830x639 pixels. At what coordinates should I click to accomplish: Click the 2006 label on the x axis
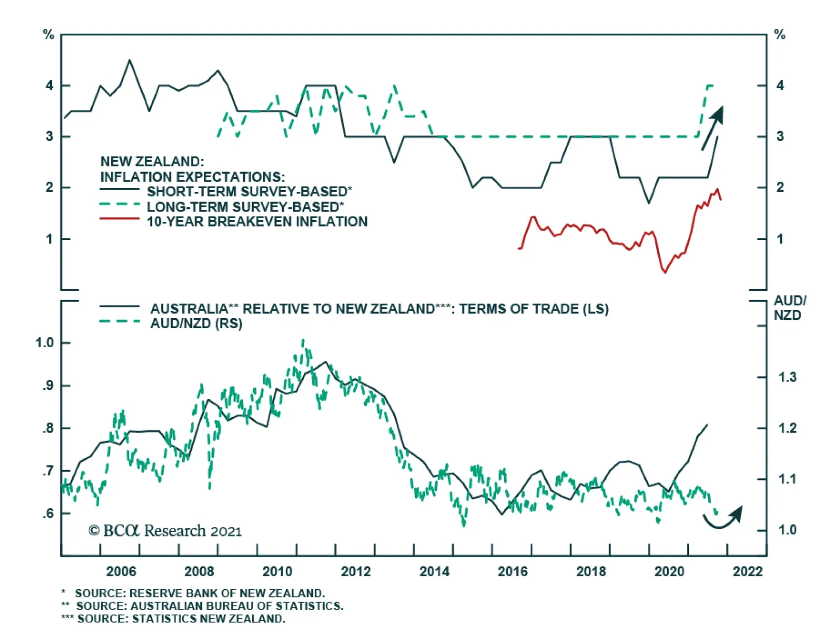coord(121,571)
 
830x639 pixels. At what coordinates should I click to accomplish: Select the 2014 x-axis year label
coord(434,571)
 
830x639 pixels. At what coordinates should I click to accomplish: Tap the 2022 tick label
coord(748,571)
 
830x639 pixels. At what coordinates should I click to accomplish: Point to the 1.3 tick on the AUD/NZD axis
coord(787,377)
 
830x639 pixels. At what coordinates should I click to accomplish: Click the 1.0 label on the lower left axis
coord(45,343)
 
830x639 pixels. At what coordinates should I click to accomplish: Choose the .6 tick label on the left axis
coord(48,513)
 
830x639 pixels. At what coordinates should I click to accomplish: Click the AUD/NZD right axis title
coord(789,308)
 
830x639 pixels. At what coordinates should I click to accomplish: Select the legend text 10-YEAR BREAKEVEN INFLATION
coord(257,222)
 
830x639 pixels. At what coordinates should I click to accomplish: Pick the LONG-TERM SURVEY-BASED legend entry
coord(245,207)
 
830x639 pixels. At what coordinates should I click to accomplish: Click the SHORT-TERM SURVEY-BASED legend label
coord(249,191)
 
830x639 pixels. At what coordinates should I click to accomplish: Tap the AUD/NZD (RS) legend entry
coord(196,323)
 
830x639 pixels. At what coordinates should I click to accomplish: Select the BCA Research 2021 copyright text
coord(165,531)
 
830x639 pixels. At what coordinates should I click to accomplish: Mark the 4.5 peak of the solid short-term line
coord(130,60)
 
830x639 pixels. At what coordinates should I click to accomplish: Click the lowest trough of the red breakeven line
coord(665,272)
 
